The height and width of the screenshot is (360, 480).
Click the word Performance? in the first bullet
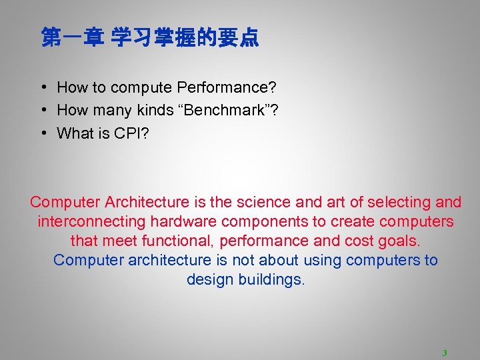pyautogui.click(x=227, y=87)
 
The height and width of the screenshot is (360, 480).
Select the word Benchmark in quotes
pyautogui.click(x=222, y=111)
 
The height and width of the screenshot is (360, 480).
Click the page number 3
pyautogui.click(x=444, y=353)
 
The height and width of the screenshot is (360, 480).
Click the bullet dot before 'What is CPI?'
pyautogui.click(x=43, y=133)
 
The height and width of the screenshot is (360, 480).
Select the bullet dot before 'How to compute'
pyautogui.click(x=43, y=87)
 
